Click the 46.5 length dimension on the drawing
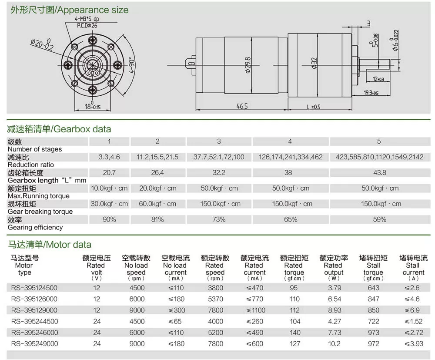(x=241, y=106)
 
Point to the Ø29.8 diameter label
(x=248, y=65)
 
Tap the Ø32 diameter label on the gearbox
(x=314, y=63)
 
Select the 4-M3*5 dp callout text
(x=87, y=19)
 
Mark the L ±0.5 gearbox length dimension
(x=314, y=107)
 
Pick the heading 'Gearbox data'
(x=82, y=129)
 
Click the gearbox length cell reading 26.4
(x=157, y=173)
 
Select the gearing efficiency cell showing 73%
(x=219, y=219)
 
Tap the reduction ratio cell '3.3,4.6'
(x=109, y=157)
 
